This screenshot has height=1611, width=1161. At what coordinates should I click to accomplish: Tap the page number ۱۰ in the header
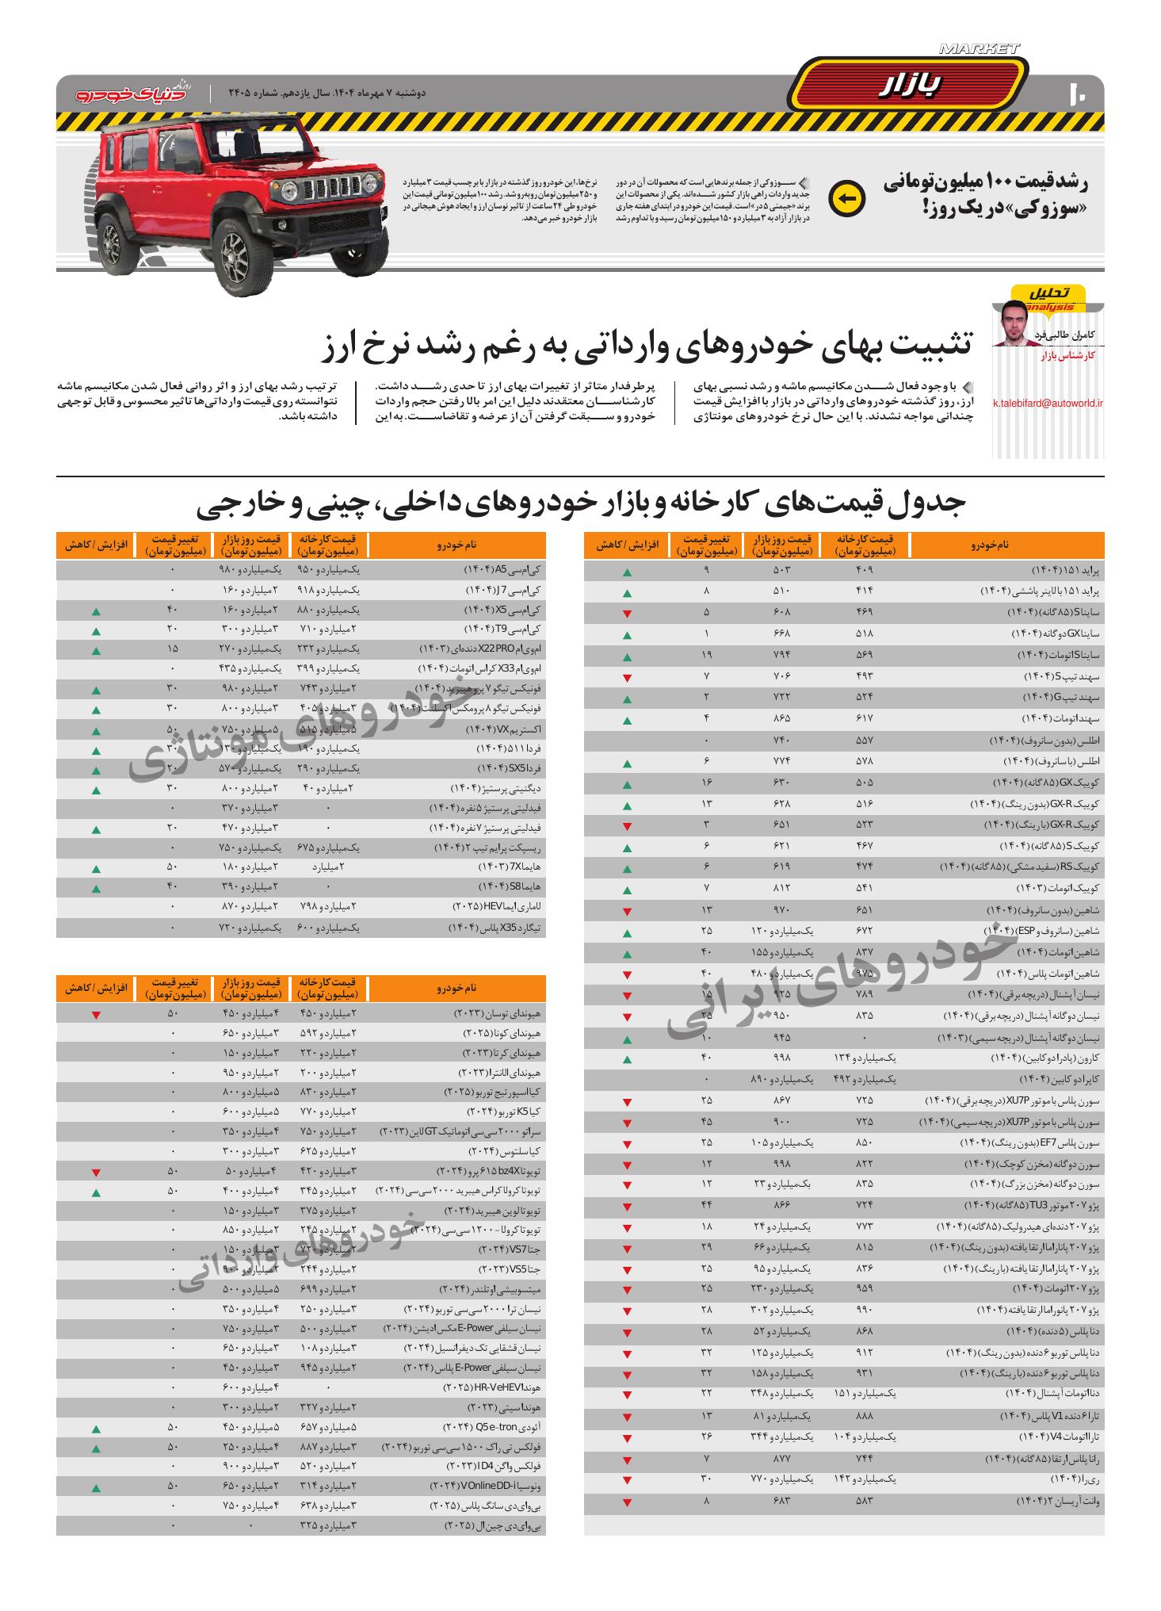(1079, 93)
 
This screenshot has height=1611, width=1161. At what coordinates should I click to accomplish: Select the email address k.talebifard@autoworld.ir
(1048, 403)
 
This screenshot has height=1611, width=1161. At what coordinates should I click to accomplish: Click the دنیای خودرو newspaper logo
(132, 93)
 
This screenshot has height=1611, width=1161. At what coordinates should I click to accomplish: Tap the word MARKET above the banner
(980, 49)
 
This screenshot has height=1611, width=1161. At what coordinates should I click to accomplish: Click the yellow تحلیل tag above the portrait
(1050, 293)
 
